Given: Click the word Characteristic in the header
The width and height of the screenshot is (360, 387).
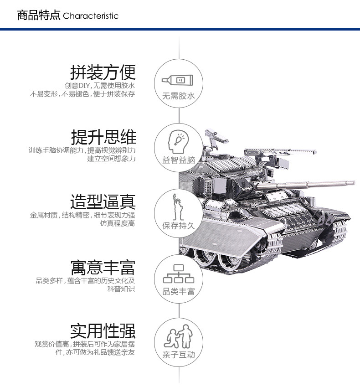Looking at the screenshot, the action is (91, 16).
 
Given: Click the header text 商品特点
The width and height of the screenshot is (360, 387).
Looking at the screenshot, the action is (38, 15).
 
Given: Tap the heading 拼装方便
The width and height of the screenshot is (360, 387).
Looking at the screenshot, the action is (103, 72).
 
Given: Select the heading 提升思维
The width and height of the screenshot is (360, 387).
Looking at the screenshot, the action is (103, 137).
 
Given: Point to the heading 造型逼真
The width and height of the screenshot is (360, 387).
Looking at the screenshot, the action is (103, 201).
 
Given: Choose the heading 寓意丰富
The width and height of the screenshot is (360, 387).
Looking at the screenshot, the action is (103, 267).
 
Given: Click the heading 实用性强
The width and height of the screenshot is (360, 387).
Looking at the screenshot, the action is (103, 331).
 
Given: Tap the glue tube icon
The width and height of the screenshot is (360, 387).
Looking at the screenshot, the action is (177, 80).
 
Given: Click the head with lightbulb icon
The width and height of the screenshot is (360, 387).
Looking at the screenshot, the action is (178, 142).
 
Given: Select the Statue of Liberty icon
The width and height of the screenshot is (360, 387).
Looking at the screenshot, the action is (178, 207).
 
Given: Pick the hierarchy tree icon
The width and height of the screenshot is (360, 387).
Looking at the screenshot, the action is (178, 273).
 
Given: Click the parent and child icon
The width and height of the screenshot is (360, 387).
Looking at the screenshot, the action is (178, 336).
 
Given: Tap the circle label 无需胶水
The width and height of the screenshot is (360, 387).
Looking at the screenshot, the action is (178, 96).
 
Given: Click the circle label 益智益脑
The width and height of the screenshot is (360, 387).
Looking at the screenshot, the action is (179, 160).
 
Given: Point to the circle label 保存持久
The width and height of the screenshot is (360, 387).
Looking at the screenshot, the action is (178, 226).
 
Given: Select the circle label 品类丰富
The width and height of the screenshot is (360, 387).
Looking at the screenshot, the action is (178, 291).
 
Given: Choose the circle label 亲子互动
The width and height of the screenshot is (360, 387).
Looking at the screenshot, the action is (178, 355).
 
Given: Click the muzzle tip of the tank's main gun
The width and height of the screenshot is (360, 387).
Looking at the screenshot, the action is (353, 183).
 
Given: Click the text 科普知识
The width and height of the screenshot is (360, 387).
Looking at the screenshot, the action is (121, 289).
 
